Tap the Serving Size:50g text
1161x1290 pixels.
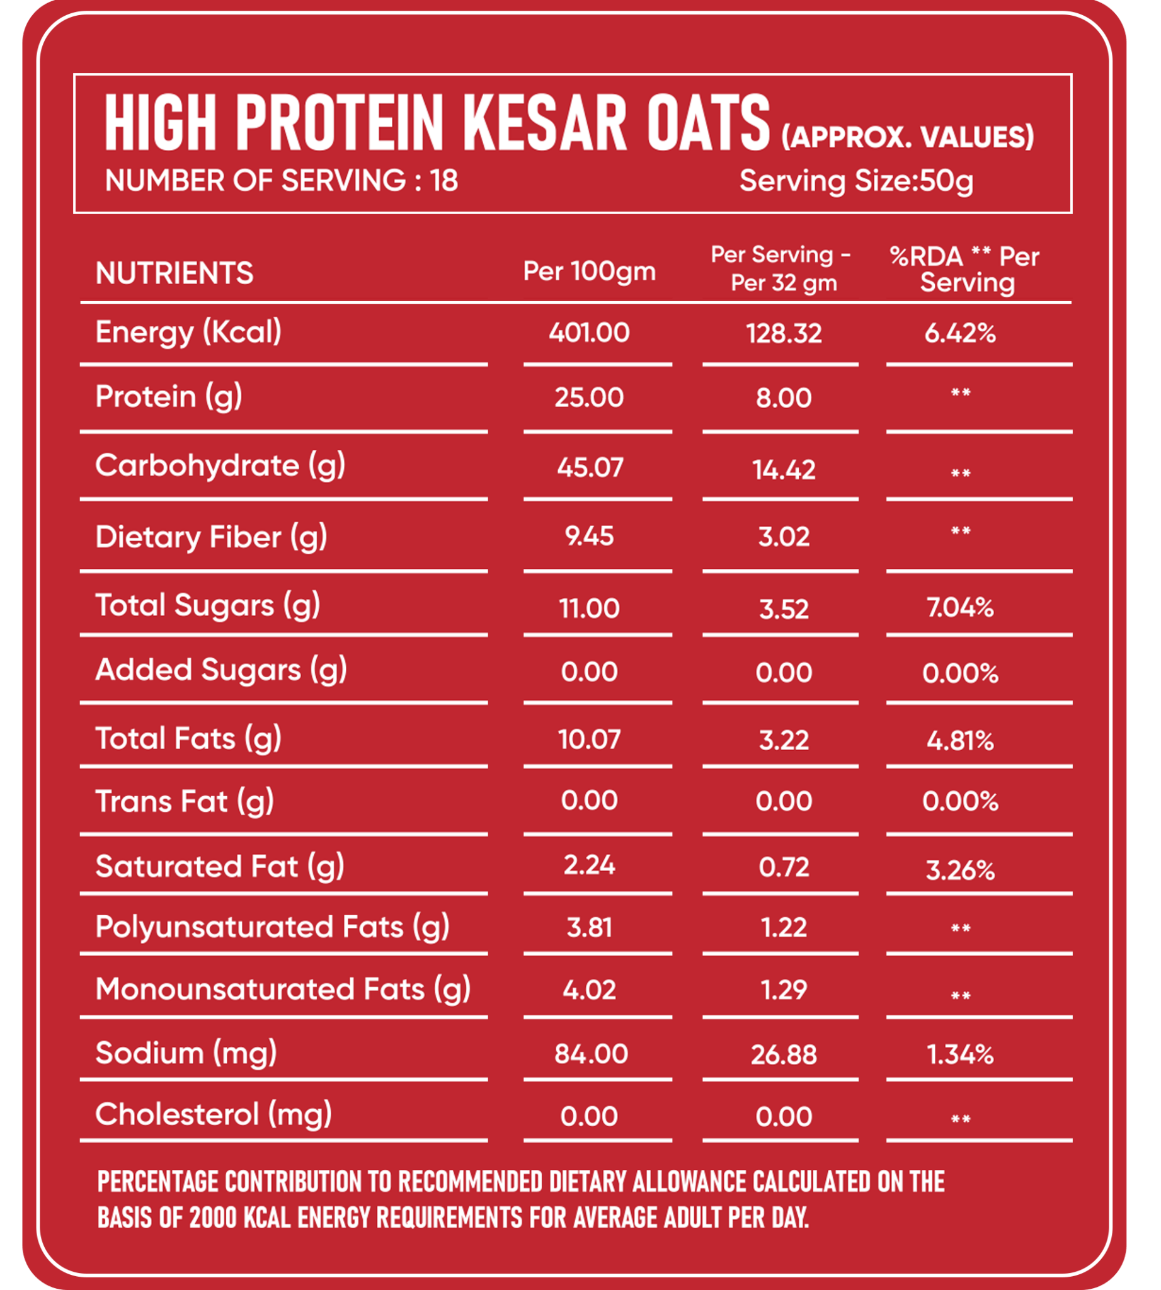(856, 181)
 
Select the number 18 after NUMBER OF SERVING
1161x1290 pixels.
(444, 181)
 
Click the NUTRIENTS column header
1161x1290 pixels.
(174, 273)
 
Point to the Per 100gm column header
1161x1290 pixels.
(589, 271)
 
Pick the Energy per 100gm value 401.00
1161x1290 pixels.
(589, 333)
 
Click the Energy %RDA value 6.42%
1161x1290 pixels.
(960, 333)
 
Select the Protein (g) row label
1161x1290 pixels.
(168, 397)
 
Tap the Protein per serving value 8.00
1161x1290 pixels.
(784, 398)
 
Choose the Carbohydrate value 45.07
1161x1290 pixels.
(590, 467)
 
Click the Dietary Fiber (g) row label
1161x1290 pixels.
(211, 537)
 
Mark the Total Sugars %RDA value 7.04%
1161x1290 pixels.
(960, 607)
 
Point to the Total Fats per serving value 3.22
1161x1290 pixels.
(784, 740)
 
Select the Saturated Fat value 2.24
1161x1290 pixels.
(589, 865)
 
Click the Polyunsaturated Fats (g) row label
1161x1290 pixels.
(272, 927)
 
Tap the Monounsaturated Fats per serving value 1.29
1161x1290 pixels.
(784, 990)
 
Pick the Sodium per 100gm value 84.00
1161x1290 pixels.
(591, 1054)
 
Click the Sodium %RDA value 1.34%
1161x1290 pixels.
(960, 1054)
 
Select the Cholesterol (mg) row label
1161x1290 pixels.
(214, 1114)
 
